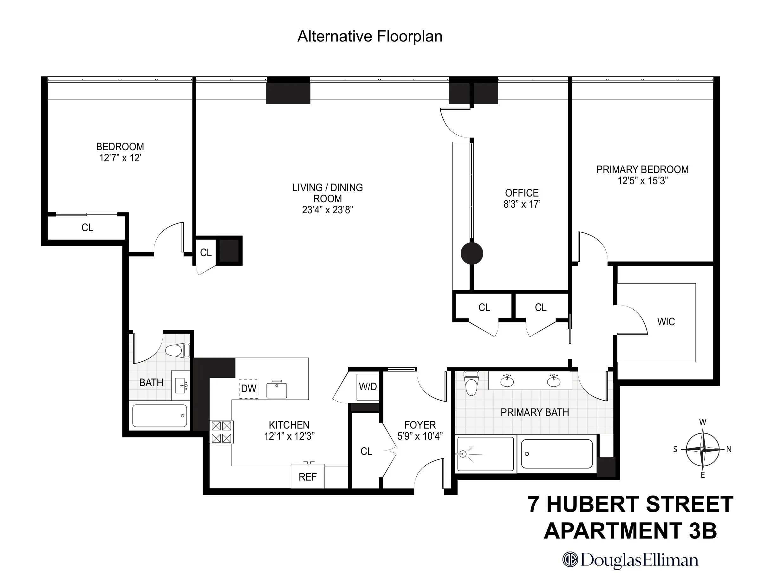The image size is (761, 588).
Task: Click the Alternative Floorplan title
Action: coord(370,36)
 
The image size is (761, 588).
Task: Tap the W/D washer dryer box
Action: coord(367,387)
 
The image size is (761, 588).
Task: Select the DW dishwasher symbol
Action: coord(249,388)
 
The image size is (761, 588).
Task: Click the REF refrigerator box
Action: coord(308,476)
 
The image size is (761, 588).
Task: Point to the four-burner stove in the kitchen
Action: coord(221,432)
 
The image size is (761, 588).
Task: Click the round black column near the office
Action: coord(472,254)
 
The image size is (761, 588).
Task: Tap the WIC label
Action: coord(666,321)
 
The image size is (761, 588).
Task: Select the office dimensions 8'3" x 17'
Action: coord(522,204)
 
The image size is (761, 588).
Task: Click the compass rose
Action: coord(702,449)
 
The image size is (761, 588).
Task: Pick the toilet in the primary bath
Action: coord(471,383)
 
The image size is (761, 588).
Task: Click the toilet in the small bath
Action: coord(178,351)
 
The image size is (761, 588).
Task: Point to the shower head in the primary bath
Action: coord(464,454)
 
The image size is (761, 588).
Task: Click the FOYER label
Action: coord(420,425)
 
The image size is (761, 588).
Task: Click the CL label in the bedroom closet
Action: coord(87,228)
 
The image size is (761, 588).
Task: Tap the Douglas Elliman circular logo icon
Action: coord(570,560)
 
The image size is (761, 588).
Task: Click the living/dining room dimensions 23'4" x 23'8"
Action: coord(328,210)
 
